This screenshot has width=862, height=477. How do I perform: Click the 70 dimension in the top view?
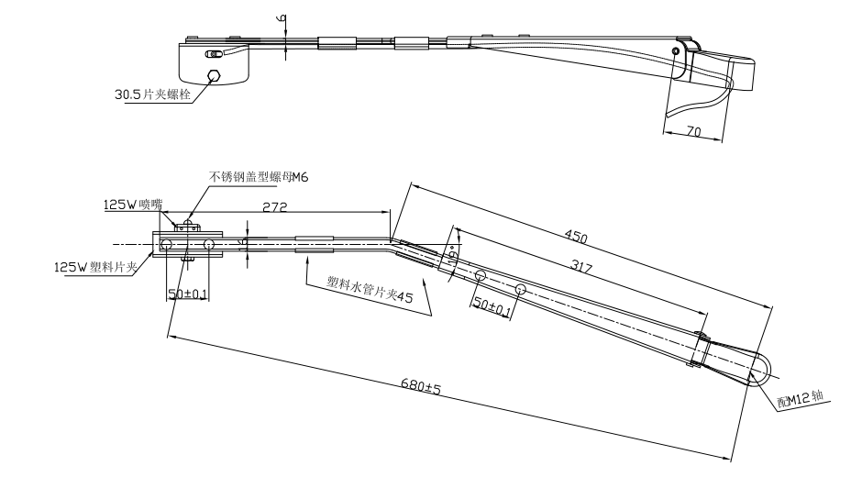[693, 132]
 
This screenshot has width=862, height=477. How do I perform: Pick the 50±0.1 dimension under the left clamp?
[187, 293]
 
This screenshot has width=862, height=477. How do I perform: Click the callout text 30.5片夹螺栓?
[151, 94]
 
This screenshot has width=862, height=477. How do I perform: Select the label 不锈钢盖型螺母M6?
[260, 177]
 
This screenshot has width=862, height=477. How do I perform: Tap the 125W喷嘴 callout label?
[132, 205]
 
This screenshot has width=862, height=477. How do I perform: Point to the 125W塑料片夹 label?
[95, 267]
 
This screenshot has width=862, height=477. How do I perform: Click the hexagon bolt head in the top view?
[214, 76]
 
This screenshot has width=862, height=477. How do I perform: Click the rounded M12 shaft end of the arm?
[760, 364]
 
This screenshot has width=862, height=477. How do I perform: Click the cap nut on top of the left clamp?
[188, 224]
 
